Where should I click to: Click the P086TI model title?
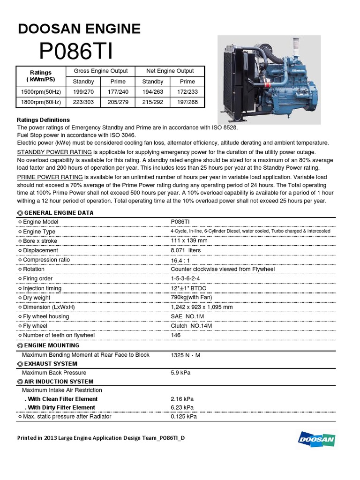pos(76,52)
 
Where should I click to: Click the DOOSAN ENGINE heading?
pos(79,29)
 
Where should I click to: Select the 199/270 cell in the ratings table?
pos(83,92)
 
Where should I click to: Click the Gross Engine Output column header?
pos(101,71)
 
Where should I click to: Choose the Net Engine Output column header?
pos(170,71)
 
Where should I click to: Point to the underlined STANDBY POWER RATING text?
pos(54,152)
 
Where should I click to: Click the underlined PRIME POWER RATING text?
pos(50,177)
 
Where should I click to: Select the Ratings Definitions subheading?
pos(43,120)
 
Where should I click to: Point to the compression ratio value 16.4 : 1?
pos(181,260)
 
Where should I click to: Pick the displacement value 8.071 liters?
pos(186,251)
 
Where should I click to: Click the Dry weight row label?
pos(37,298)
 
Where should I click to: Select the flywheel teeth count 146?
pos(176,336)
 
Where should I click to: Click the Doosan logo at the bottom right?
pos(316,439)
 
